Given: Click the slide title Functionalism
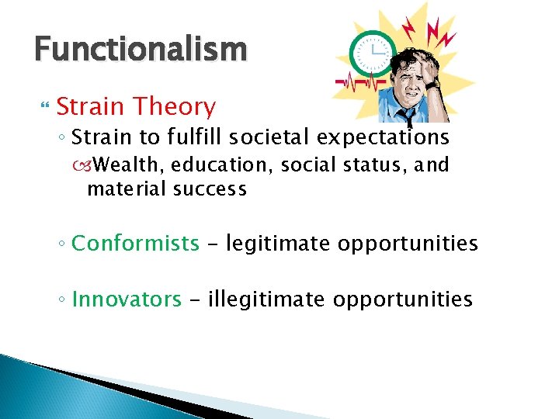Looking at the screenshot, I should (x=141, y=50).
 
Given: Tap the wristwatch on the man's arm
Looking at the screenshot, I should (x=432, y=86).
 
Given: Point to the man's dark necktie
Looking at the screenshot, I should (x=405, y=115).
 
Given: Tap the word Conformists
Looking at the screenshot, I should (x=135, y=244).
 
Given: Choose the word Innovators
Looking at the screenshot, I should (x=127, y=300).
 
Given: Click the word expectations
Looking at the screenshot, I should (x=389, y=138).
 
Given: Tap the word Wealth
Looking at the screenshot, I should (x=131, y=165).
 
